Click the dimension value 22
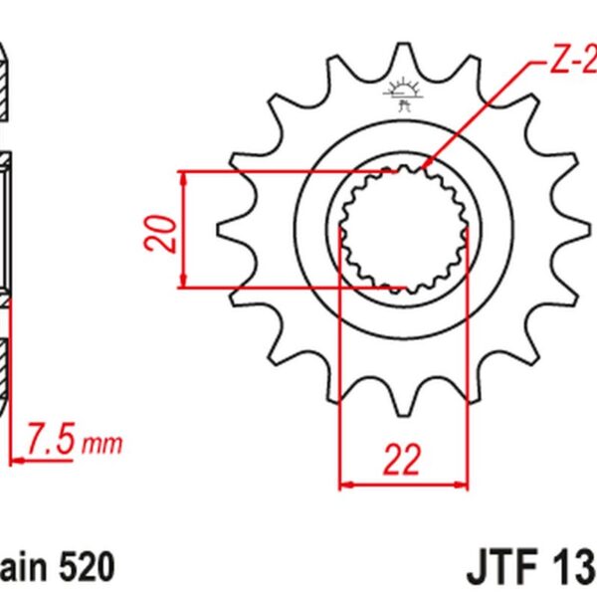tap(403, 460)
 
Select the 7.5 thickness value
tap(49, 437)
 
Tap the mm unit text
tap(103, 443)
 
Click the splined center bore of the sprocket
tap(403, 231)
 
